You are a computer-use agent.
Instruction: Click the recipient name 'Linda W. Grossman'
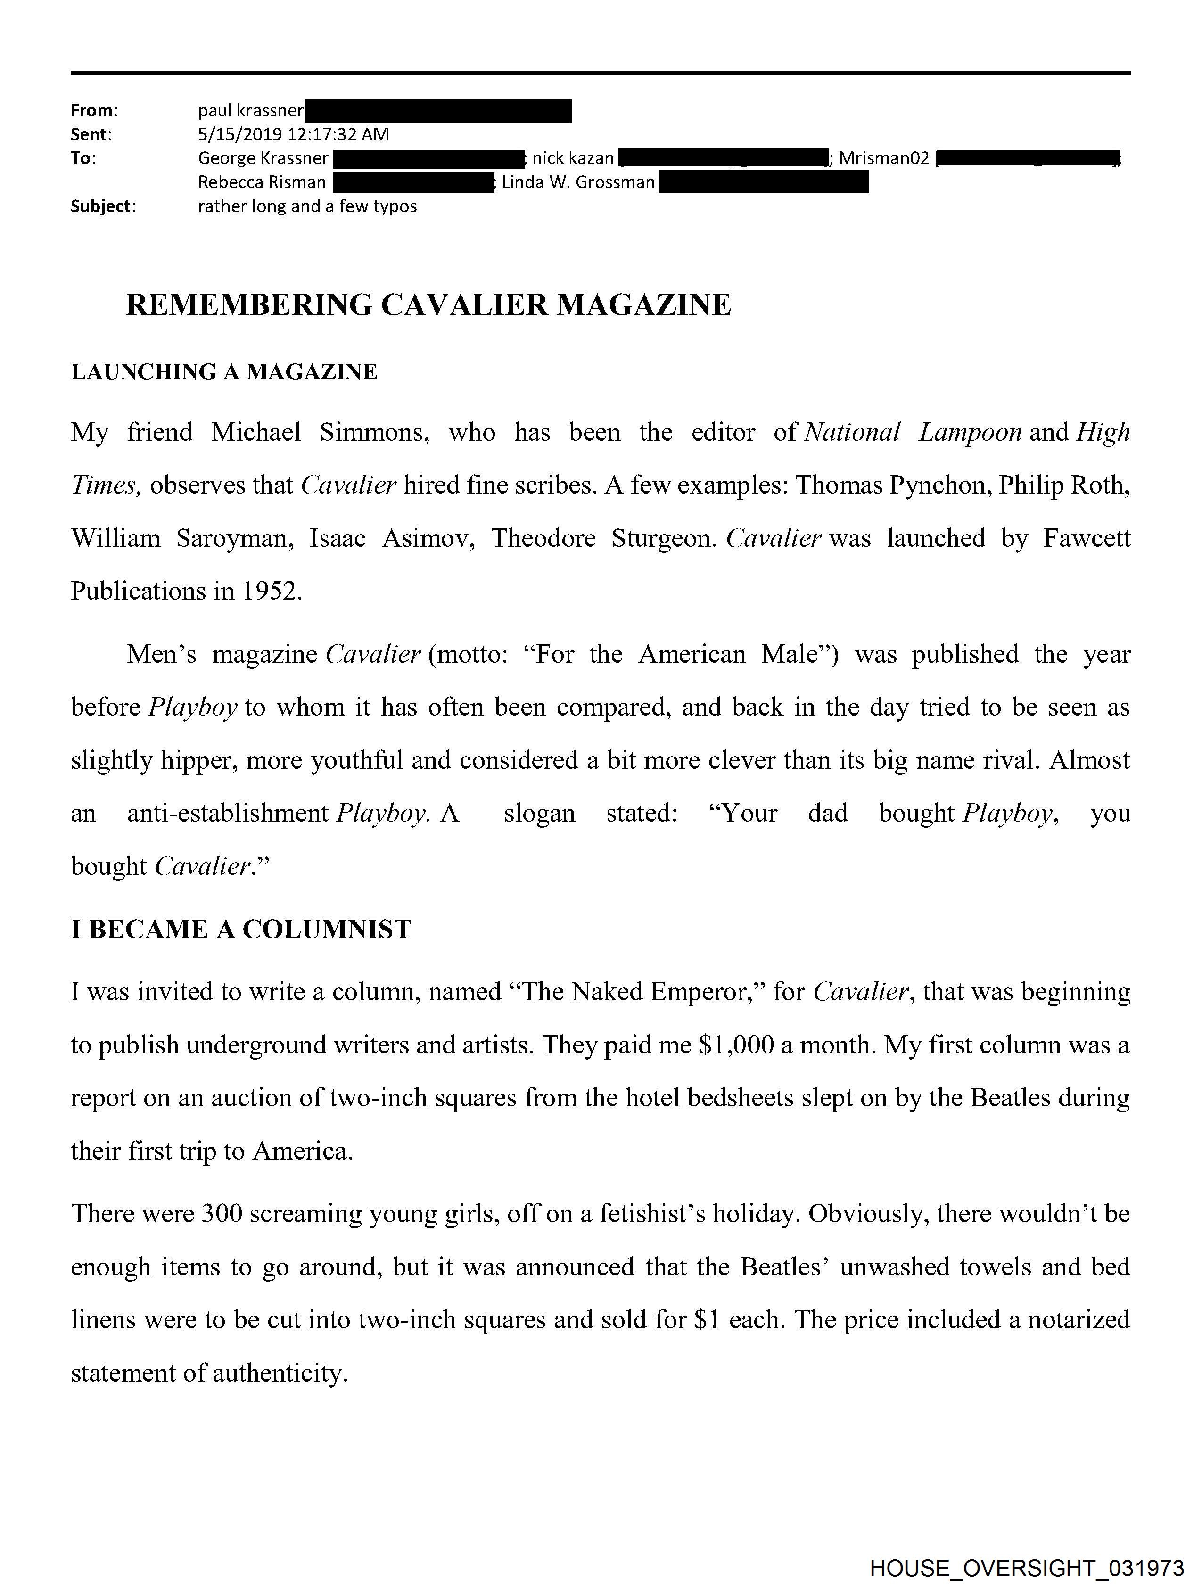[x=578, y=182]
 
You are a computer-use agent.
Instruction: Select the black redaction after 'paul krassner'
[x=438, y=111]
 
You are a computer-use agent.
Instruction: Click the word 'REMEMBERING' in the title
[x=248, y=304]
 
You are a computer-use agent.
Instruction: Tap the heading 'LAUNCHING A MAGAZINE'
[x=224, y=372]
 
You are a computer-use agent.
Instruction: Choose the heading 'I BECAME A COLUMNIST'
[x=240, y=929]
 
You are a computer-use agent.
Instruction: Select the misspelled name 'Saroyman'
[x=235, y=538]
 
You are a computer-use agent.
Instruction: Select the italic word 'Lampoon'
[x=970, y=432]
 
